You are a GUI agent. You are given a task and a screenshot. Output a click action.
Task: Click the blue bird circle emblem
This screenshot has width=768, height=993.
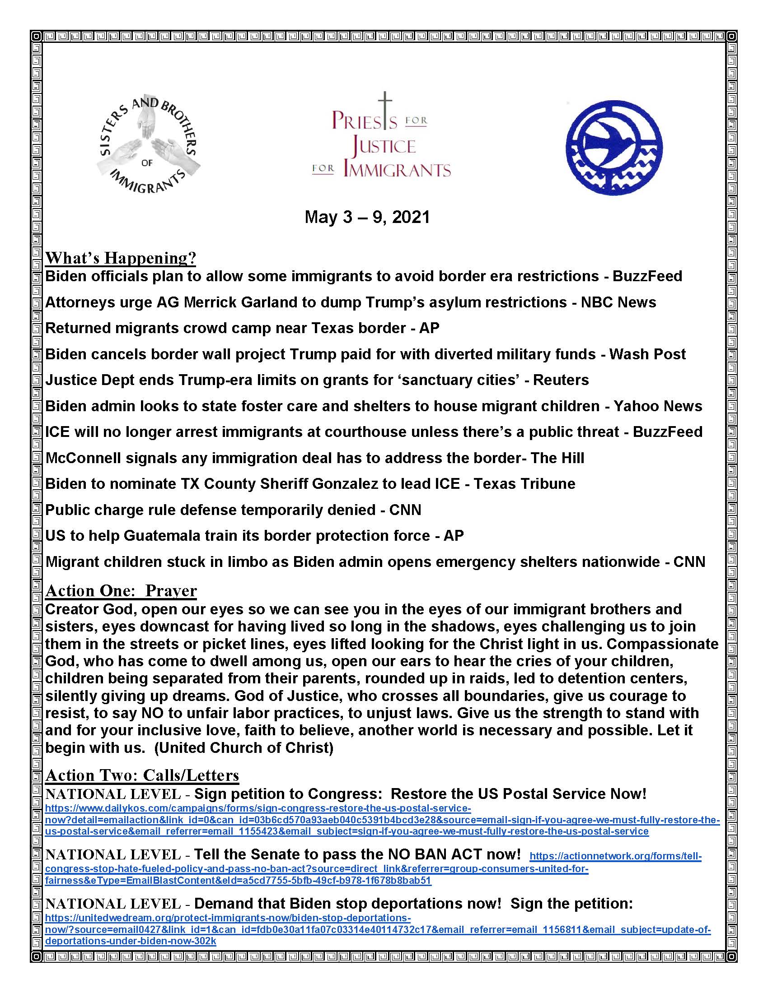point(614,147)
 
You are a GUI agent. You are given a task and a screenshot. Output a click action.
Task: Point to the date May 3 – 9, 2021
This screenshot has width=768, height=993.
point(367,218)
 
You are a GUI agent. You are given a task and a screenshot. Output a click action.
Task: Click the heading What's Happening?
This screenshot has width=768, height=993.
point(121,258)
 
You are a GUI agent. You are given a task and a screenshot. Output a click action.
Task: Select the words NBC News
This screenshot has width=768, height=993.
point(618,302)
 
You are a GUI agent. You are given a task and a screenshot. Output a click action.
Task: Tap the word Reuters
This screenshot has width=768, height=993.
point(561,380)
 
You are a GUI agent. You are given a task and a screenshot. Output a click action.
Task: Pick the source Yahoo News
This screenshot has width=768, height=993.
point(658,406)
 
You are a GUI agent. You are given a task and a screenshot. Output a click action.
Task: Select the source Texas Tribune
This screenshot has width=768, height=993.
point(524,484)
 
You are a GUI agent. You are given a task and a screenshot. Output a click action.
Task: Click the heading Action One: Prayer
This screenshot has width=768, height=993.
point(121,591)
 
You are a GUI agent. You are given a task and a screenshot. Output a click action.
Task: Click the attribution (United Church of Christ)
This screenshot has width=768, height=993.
point(244,747)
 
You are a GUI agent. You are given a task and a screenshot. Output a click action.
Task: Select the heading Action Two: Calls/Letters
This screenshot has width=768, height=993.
point(142,775)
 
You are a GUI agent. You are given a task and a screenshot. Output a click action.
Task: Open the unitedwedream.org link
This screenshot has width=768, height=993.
point(228,918)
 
